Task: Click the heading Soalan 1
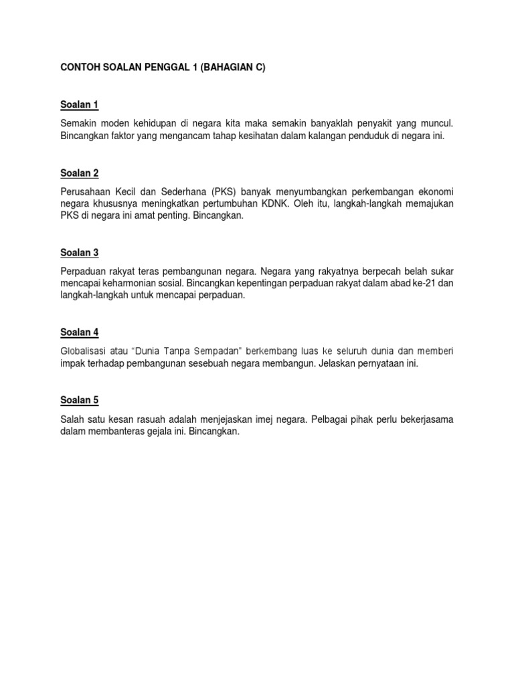[x=79, y=104]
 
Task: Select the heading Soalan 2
[x=79, y=173]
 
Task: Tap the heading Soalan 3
[x=79, y=253]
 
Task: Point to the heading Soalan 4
[x=79, y=332]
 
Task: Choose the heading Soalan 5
[x=79, y=400]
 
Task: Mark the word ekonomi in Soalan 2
[x=437, y=192]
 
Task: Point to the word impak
[x=71, y=363]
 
